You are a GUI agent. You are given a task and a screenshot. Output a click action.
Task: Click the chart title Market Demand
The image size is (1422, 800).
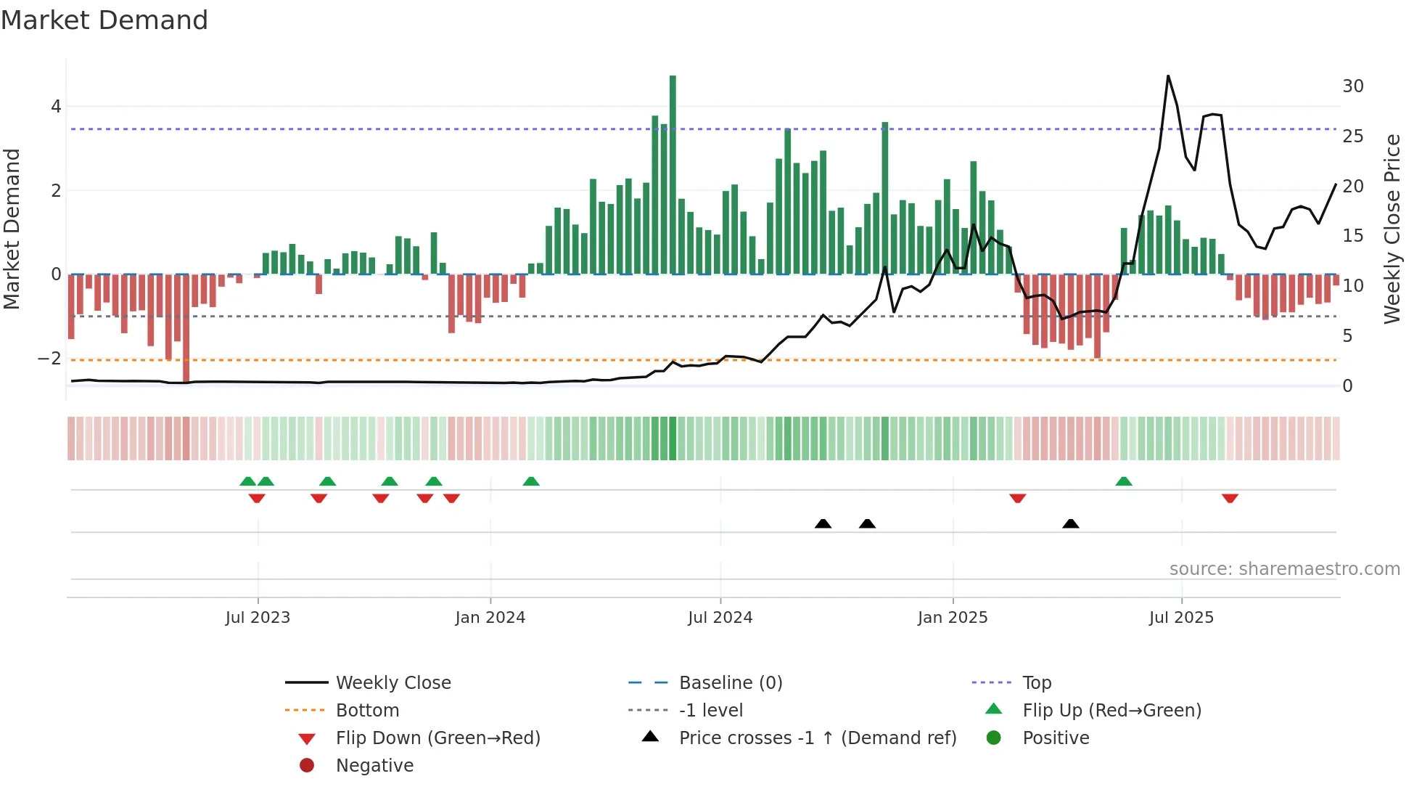click(104, 20)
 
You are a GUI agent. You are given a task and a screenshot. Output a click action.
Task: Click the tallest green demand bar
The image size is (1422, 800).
click(673, 174)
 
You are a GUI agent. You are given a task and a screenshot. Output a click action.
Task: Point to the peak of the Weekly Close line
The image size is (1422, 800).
click(1168, 76)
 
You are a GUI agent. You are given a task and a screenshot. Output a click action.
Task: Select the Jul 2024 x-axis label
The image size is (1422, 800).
click(720, 618)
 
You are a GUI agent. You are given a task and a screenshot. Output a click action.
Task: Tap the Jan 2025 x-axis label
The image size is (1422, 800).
click(952, 618)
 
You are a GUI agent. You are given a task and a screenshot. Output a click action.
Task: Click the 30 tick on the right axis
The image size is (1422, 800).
click(1352, 86)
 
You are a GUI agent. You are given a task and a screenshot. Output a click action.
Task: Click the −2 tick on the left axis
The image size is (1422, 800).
click(49, 359)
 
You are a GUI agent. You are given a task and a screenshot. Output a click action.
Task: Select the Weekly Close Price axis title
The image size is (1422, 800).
click(1392, 229)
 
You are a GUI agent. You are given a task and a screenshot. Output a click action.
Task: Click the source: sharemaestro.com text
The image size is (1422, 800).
click(1284, 569)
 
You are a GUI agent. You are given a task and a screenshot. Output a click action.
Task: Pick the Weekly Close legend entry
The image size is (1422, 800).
click(393, 683)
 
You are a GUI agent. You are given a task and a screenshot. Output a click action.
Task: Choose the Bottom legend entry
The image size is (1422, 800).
click(367, 711)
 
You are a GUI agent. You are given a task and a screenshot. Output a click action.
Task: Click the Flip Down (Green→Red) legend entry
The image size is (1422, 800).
click(437, 738)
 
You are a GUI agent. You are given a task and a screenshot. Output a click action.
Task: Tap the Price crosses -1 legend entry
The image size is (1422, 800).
click(817, 738)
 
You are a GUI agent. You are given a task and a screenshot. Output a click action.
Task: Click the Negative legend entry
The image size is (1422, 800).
click(374, 766)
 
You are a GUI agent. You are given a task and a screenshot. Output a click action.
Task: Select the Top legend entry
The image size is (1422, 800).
click(1036, 683)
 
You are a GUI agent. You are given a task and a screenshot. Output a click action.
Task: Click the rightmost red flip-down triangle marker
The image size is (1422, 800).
click(1230, 498)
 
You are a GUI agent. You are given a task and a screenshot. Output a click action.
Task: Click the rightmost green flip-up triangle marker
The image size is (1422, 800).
click(1124, 481)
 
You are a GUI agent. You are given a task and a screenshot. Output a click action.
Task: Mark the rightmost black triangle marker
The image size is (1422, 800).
click(1071, 523)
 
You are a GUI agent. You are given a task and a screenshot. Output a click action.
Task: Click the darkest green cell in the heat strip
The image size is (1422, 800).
click(673, 438)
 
